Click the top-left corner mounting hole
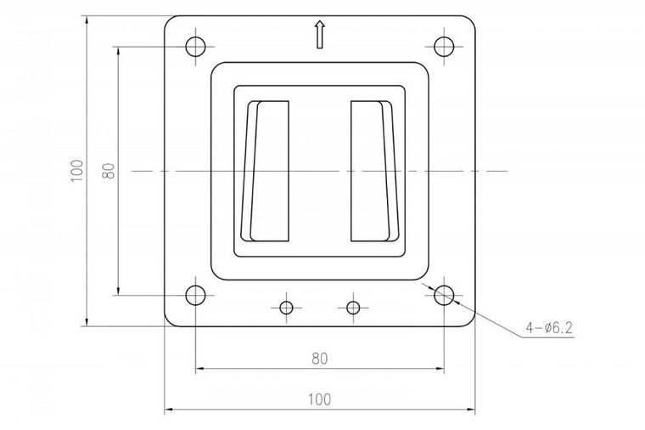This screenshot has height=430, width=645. click(195, 45)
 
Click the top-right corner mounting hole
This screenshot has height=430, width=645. click(443, 45)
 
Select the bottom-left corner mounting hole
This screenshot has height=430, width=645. click(195, 295)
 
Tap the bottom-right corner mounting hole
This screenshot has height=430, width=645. click(443, 295)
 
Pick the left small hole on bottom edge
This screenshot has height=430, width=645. click(286, 306)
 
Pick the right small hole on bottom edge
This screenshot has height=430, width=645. click(354, 306)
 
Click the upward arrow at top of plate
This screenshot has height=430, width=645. click(319, 35)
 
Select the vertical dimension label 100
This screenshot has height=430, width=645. click(77, 170)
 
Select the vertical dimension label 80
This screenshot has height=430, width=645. click(109, 170)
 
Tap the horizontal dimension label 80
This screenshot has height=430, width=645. click(319, 358)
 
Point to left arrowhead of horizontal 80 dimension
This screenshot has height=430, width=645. click(199, 369)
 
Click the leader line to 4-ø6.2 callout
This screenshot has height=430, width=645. click(488, 320)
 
